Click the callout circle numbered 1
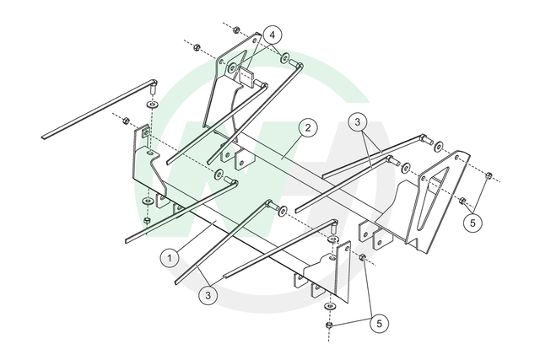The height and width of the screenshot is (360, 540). coord(170,258)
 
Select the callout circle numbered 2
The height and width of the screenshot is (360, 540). coord(307,128)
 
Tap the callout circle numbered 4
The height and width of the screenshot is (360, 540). coord(273,35)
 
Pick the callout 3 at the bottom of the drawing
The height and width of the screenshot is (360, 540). coord(208,295)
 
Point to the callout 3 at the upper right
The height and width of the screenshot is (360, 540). coord(358,122)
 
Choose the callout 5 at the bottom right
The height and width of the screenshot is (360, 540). coord(379,324)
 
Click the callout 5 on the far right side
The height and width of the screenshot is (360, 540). coord(472,223)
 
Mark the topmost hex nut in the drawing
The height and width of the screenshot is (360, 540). coord(236,30)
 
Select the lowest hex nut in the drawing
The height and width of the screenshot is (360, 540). coord(329,325)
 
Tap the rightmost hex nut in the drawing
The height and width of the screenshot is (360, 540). coord(489,176)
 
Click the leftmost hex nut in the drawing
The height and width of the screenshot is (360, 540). coord(126,121)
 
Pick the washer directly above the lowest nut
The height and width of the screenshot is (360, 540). coord(331,306)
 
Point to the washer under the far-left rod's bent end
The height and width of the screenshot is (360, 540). coord(152,103)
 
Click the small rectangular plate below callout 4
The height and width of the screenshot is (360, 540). coord(246,77)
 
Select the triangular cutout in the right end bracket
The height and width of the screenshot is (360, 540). coord(432,198)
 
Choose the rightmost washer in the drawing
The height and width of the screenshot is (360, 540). coord(439,146)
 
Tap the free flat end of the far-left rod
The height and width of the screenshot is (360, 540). coord(44,137)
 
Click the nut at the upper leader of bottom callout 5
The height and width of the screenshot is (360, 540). coord(362,257)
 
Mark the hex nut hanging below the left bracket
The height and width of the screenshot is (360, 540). coord(147,221)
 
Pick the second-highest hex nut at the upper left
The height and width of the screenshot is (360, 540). coord(197,47)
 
